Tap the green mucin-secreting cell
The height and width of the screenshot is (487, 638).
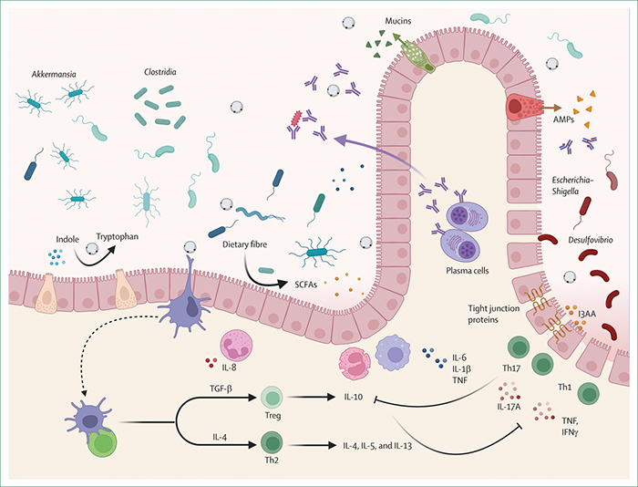418,54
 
